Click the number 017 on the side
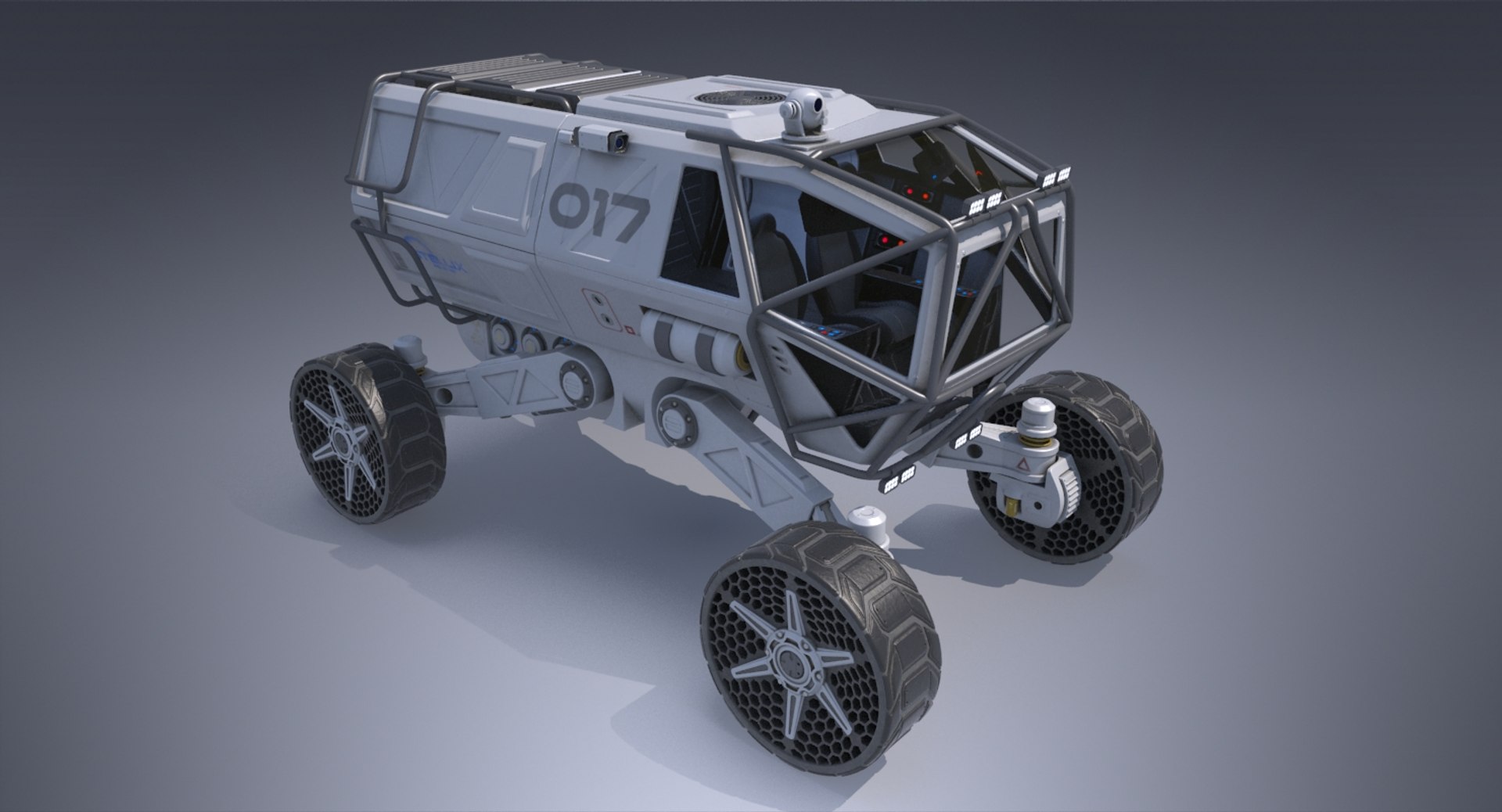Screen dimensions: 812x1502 pyautogui.click(x=599, y=215)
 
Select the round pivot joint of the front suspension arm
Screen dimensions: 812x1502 pyautogui.click(x=674, y=419)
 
